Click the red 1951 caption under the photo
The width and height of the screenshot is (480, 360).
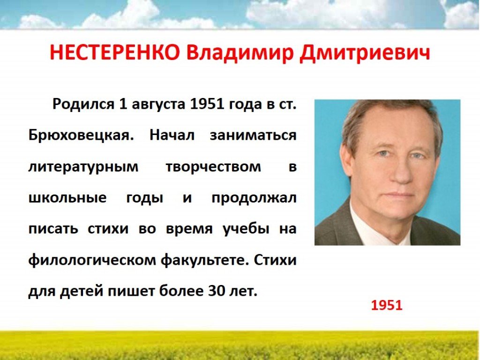point(387,305)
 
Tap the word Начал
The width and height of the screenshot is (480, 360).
point(172,135)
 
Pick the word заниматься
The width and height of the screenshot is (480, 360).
point(253,135)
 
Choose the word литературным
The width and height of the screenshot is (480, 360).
point(83,167)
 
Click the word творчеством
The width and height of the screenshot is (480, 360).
point(213,167)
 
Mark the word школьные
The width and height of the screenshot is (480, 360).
point(67,198)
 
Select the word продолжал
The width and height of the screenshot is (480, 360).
point(254,198)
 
